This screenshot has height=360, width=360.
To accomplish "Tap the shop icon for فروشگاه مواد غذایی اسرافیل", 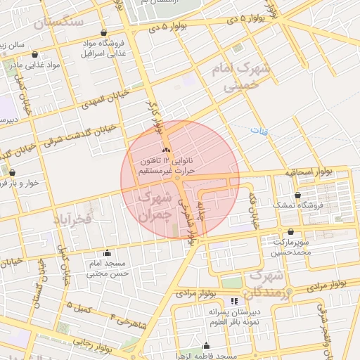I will pos(104,33).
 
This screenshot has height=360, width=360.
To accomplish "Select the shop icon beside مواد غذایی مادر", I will pos(35,53).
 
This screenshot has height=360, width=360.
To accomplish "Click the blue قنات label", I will pos(261,131).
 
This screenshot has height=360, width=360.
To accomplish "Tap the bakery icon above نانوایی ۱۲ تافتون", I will pos(166,150).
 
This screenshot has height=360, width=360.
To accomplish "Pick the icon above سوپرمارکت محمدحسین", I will pos(290,231).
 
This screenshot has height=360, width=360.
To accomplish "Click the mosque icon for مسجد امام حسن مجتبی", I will pos(107,253).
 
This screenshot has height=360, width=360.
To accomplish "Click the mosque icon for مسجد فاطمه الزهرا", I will pos(206,345).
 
